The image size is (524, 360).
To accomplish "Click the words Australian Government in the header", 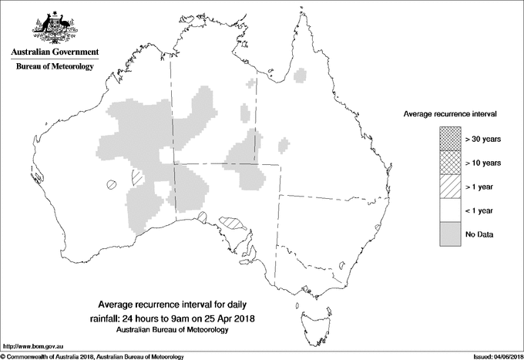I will point(54,52).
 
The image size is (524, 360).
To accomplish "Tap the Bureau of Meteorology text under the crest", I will point(54,67).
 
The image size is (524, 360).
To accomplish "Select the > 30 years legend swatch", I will point(451,140).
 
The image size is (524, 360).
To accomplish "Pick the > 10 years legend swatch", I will point(451,163).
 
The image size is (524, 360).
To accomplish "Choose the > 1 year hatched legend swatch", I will point(451,187).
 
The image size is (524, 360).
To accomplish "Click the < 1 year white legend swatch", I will point(451,210).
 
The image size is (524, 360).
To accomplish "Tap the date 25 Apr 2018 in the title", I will point(230,318).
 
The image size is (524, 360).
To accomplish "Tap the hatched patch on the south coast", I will point(232,224).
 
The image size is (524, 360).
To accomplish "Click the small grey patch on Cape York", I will point(301,75).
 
